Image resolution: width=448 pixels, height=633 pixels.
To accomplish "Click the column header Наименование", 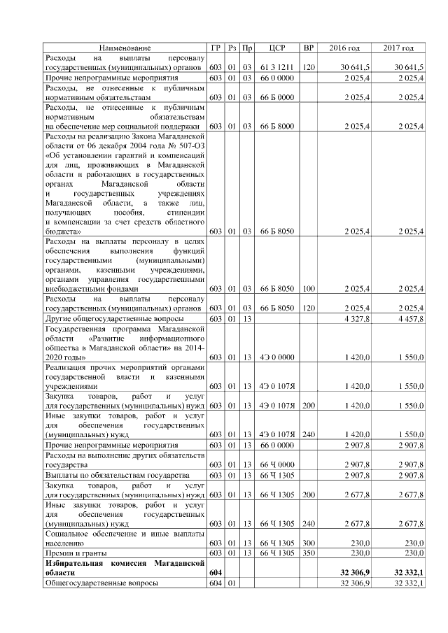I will click(x=125, y=48).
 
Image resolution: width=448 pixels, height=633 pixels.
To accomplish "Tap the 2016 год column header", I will click(x=344, y=48).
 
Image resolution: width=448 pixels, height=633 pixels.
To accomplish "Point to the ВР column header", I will click(x=308, y=48).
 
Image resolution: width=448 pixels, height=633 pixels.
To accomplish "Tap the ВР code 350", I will click(x=308, y=553).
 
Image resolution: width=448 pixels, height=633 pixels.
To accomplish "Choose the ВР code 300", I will click(x=308, y=542).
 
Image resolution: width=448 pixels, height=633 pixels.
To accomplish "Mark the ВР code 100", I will click(x=308, y=288).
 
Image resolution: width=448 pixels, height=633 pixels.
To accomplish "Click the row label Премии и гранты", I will click(x=73, y=553).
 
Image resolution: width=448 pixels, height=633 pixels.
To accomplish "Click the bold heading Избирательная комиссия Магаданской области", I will click(x=125, y=567).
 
